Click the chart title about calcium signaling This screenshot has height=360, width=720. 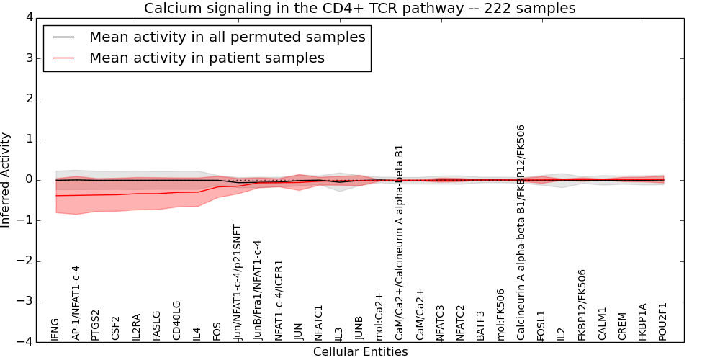coord(359,9)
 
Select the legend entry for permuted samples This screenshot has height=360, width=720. coord(227,37)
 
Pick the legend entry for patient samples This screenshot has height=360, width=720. coord(207,58)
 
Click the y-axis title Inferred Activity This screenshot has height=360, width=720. coord(6,180)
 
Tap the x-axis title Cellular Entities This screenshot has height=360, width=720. coord(360,351)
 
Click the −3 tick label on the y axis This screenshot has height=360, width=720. coord(29,302)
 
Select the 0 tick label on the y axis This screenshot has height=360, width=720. coord(32,180)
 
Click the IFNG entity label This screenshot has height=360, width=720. coord(55,329)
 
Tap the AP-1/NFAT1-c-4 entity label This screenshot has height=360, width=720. coord(76,302)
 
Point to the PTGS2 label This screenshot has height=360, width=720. coord(96,325)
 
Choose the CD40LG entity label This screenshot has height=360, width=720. coord(176,320)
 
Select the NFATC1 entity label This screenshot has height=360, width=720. coord(318,323)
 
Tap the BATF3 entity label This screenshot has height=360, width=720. coord(480,325)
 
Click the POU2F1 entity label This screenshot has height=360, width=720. coord(663,321)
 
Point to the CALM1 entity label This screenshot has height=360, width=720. coord(603,323)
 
